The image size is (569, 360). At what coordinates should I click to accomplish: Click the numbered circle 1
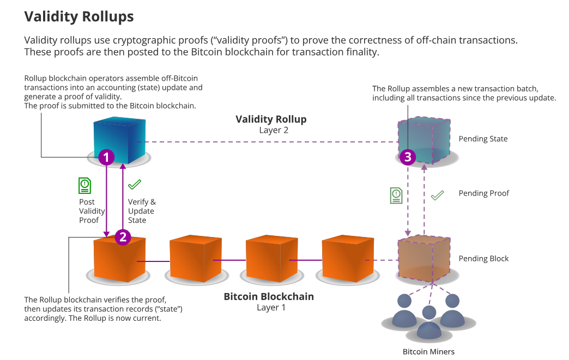click(x=106, y=157)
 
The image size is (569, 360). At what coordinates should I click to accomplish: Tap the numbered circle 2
click(x=123, y=237)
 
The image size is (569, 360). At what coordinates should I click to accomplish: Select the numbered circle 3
click(x=407, y=157)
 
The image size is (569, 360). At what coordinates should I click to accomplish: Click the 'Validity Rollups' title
click(x=79, y=16)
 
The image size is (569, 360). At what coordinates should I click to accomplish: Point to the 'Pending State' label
click(x=483, y=139)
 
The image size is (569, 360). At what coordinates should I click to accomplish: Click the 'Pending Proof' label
click(x=484, y=193)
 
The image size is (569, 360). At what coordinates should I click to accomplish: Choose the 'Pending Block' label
click(x=483, y=259)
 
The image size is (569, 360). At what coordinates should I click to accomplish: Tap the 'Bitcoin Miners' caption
click(x=428, y=351)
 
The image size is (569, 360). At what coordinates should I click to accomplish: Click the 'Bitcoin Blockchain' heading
click(x=269, y=297)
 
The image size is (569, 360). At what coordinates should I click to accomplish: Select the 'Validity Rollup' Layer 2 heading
click(x=271, y=119)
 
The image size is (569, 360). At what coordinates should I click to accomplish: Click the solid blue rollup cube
click(x=120, y=139)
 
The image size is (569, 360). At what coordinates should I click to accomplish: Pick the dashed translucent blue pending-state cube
click(x=424, y=139)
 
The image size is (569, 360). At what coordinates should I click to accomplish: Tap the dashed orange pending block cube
click(x=424, y=259)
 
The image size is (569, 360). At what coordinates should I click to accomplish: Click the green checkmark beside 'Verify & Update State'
click(x=135, y=185)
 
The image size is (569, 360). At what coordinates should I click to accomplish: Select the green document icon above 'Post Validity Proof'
click(x=84, y=186)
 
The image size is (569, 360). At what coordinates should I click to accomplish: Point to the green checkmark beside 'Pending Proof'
click(x=437, y=195)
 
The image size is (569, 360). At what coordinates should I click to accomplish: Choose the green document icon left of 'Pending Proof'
click(x=396, y=196)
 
